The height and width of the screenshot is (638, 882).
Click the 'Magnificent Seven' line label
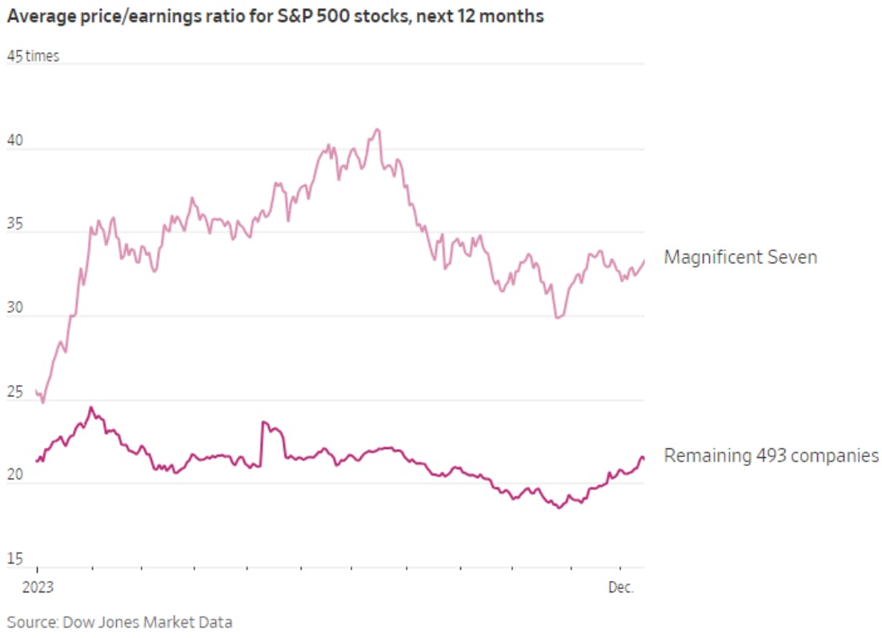coord(740,258)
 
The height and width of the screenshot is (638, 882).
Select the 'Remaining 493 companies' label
coord(771,456)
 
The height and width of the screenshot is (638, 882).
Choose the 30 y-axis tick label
coord(16,310)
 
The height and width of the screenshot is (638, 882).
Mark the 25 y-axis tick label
coord(16,394)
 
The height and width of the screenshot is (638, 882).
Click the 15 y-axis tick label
coord(15,560)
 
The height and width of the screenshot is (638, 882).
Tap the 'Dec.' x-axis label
coord(620,588)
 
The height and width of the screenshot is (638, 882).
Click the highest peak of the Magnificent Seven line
coord(377,129)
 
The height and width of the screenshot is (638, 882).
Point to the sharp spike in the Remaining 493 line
coord(263,422)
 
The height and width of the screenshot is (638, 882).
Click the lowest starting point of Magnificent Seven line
coord(42,402)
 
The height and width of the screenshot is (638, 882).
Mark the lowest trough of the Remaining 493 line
coord(559,508)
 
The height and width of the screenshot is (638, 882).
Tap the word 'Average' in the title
coord(38,16)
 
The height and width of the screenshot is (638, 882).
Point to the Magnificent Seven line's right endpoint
coord(644,260)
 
